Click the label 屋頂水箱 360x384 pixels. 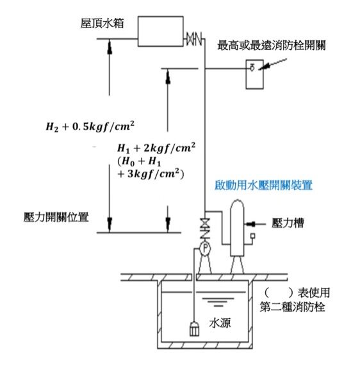click(x=102, y=23)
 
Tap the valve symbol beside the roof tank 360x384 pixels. click(x=194, y=38)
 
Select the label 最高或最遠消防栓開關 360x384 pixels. click(x=272, y=45)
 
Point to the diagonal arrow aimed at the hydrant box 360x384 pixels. click(x=273, y=64)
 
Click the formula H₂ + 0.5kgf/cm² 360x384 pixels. click(x=90, y=126)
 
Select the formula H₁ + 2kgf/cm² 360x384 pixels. click(x=156, y=148)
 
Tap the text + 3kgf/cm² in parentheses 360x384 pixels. click(x=151, y=174)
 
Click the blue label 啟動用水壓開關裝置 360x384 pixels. click(x=263, y=185)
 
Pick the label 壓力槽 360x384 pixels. click(x=288, y=223)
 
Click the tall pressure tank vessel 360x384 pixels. click(x=237, y=228)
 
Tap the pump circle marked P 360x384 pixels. click(x=205, y=248)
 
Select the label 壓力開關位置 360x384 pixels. click(x=56, y=217)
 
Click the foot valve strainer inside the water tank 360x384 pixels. click(x=194, y=329)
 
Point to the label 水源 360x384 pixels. click(x=220, y=323)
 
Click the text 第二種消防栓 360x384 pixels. click(x=292, y=307)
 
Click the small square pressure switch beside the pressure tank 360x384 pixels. click(x=252, y=236)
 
